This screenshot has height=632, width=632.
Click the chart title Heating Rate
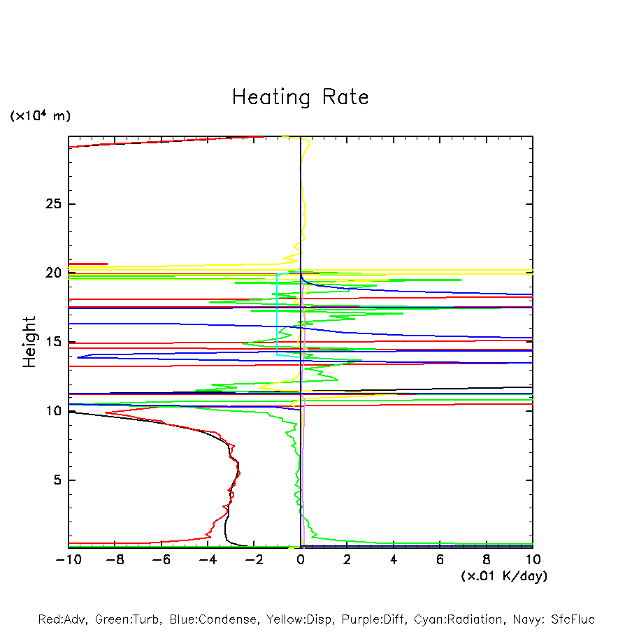[300, 97]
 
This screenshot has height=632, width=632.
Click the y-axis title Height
[29, 342]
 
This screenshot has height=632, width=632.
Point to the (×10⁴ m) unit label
[40, 116]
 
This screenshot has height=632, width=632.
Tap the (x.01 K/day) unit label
[503, 576]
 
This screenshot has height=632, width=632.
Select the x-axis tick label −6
[161, 560]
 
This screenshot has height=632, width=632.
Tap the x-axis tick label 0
[301, 560]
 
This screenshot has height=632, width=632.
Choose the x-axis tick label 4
[394, 560]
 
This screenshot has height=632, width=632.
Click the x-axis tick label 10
[533, 560]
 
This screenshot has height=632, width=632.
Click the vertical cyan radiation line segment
[277, 315]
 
